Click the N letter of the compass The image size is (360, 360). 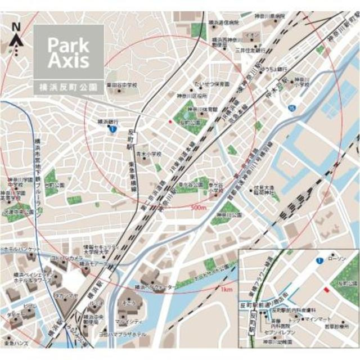(16, 26)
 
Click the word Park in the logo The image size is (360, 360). (67, 43)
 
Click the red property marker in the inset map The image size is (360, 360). (326, 289)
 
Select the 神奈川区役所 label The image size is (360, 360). (190, 96)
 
